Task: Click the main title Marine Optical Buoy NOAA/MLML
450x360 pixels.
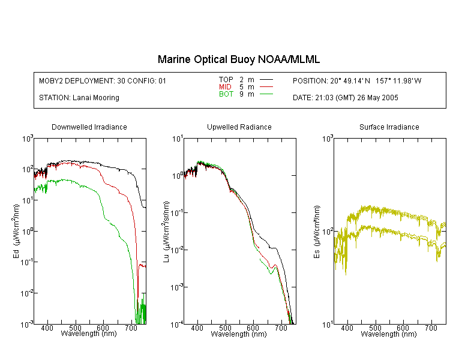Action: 239,59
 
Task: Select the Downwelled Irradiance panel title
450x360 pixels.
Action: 89,127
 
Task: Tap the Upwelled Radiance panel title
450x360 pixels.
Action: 239,127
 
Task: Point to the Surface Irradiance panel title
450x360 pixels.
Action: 389,127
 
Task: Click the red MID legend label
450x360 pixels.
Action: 225,86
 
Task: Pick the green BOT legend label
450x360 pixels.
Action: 226,94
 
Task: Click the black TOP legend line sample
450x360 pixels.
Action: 266,80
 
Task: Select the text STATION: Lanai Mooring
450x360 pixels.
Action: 79,98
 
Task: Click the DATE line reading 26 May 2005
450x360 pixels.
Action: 345,98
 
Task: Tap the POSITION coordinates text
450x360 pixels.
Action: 357,80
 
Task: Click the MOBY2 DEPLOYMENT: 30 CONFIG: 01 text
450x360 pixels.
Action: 103,80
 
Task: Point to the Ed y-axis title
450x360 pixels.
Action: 16,231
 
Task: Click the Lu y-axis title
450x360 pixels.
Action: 166,232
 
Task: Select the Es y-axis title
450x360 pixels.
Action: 317,232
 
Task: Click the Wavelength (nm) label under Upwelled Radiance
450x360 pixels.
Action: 239,334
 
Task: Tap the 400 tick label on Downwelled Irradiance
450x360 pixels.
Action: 47,328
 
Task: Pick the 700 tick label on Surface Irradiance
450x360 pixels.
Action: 431,328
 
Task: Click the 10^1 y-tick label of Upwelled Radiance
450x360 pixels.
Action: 177,139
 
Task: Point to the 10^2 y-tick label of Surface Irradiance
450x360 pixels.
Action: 328,232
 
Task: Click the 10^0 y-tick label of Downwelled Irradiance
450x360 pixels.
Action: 28,231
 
